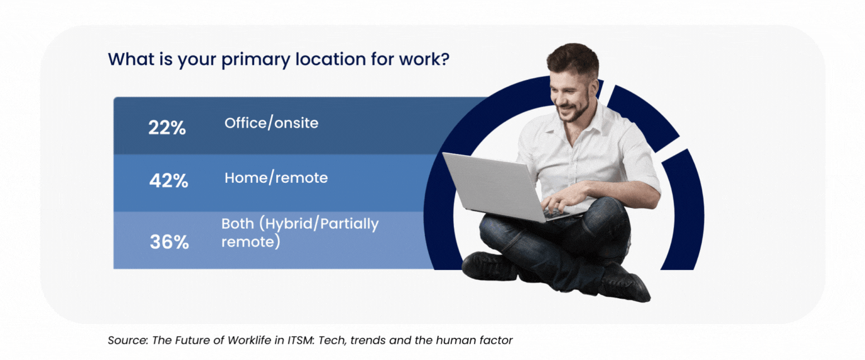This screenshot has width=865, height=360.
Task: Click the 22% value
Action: point(167,127)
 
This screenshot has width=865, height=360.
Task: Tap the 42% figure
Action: point(169,181)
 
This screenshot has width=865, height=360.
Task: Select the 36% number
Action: point(169,242)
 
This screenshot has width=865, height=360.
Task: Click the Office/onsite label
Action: point(271,123)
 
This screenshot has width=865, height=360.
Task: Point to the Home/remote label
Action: point(276,178)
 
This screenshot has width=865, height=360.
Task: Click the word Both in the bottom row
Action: point(238,224)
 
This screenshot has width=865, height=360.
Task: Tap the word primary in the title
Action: point(255,60)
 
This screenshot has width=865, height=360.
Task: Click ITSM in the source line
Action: point(301,340)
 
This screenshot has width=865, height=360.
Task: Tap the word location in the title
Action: point(330,59)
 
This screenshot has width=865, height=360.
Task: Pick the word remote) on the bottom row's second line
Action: point(251,242)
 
